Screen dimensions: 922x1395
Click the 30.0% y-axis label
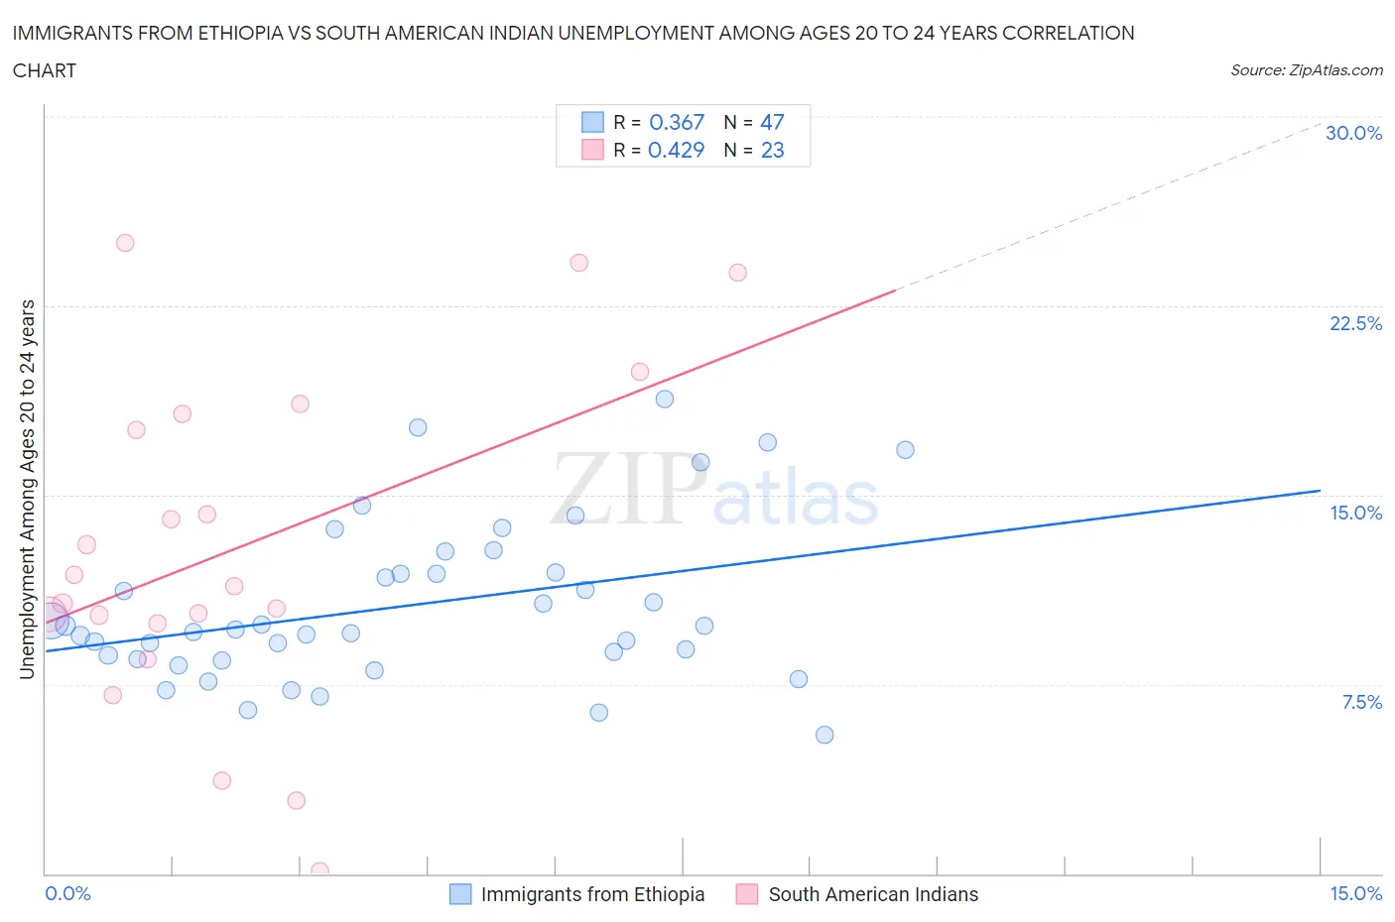tap(1353, 133)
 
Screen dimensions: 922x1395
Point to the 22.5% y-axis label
tap(1355, 323)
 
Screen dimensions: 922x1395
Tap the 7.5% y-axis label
tap(1361, 702)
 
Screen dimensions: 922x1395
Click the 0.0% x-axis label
tap(67, 893)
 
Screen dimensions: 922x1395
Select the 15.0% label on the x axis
tap(1355, 893)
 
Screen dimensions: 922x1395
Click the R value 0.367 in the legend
tap(676, 122)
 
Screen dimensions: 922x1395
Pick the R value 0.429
tap(676, 150)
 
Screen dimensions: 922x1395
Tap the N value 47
tap(772, 122)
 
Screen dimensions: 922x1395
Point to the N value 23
tap(772, 150)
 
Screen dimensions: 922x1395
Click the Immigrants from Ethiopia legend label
tap(592, 894)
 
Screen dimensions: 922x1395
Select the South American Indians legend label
tap(873, 894)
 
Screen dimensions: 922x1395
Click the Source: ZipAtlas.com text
tap(1306, 69)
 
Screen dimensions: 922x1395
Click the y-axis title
tap(27, 489)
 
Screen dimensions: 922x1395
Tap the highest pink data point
tap(125, 243)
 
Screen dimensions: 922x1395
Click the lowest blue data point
tap(824, 735)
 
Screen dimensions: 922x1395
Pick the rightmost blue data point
tap(905, 450)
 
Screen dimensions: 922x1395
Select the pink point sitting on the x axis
tap(319, 870)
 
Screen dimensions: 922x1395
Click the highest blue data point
tap(665, 399)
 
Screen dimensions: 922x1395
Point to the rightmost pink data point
tap(737, 273)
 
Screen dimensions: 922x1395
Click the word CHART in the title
tap(45, 70)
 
